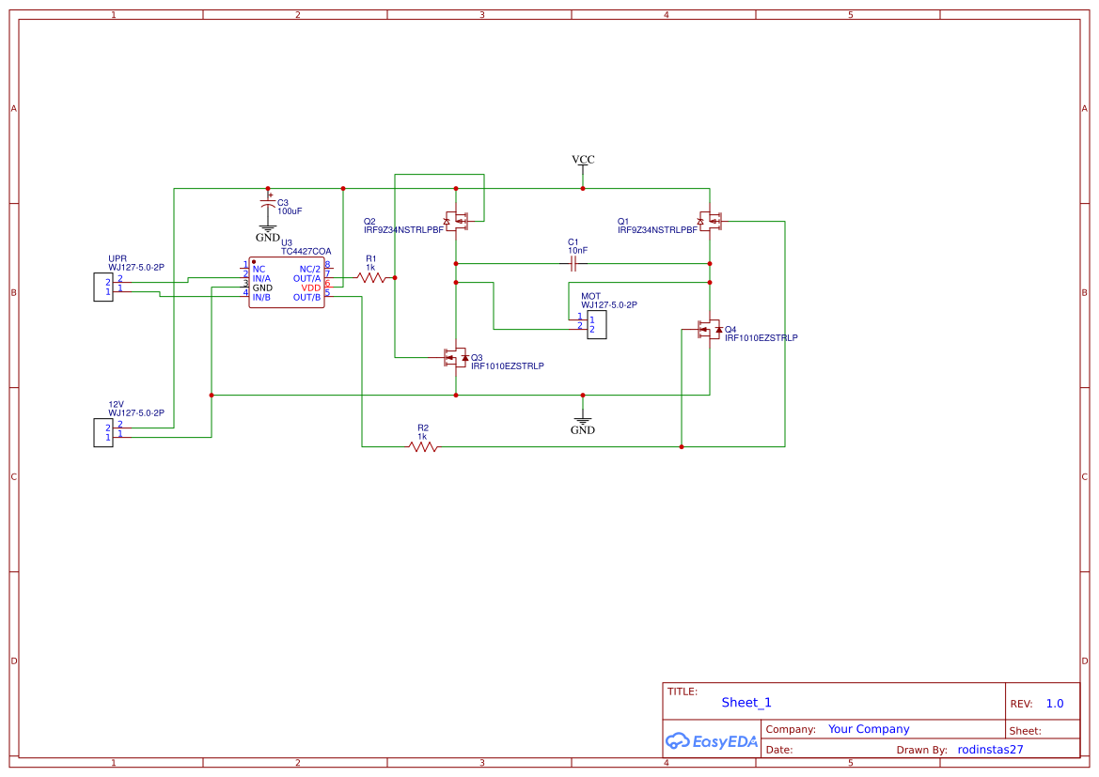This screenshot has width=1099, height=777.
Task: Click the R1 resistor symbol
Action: [371, 278]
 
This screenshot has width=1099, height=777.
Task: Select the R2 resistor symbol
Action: [423, 447]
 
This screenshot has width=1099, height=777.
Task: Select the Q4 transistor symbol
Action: [709, 329]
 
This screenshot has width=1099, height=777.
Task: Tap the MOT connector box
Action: [597, 325]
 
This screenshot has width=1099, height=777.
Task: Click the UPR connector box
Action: [103, 287]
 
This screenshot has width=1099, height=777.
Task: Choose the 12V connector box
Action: [103, 432]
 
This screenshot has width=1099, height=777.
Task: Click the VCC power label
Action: [583, 160]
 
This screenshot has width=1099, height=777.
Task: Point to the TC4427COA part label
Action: [306, 252]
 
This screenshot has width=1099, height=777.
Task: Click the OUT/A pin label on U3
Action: [306, 278]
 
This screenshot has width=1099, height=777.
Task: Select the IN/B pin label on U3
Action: [261, 297]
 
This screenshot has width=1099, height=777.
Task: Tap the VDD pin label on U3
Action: [310, 287]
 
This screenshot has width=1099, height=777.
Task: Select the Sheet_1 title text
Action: [746, 703]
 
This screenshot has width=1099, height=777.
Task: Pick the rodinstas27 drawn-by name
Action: [990, 750]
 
